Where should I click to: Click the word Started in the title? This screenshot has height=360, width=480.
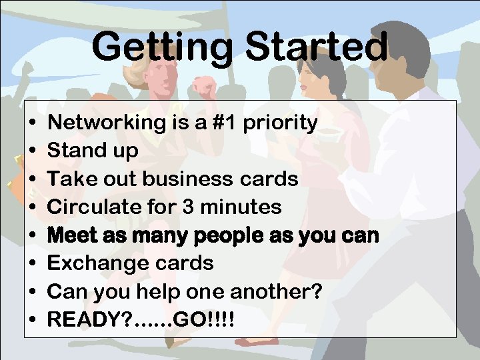317,47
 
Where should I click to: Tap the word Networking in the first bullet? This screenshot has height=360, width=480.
106,123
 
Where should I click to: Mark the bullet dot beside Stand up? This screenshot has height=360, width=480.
33,151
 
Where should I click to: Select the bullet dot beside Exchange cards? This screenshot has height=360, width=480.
33,264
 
